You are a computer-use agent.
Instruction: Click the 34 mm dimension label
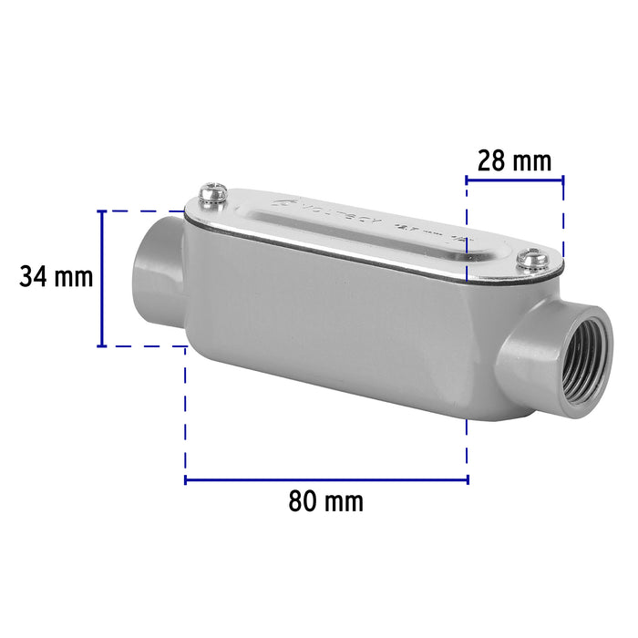coord(57,276)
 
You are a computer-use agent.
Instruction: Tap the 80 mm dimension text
coord(325,500)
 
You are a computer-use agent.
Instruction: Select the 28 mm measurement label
coord(515,161)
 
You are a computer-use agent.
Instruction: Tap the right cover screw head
coord(530,262)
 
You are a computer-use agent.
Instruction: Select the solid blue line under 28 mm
coord(515,180)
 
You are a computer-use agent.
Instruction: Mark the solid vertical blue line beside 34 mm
coord(101,278)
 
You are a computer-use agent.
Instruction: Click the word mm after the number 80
coord(345,500)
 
